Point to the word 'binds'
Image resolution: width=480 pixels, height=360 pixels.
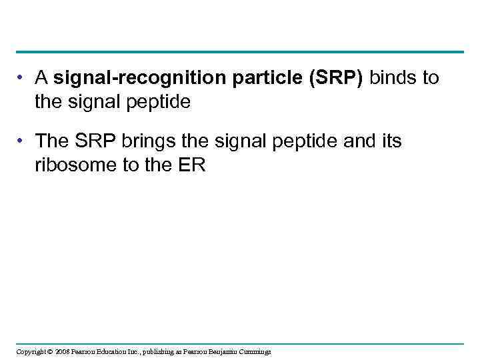pyautogui.click(x=393, y=79)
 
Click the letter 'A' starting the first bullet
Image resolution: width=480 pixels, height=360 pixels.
pyautogui.click(x=41, y=79)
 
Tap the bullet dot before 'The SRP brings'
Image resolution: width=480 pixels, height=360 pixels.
pyautogui.click(x=22, y=141)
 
